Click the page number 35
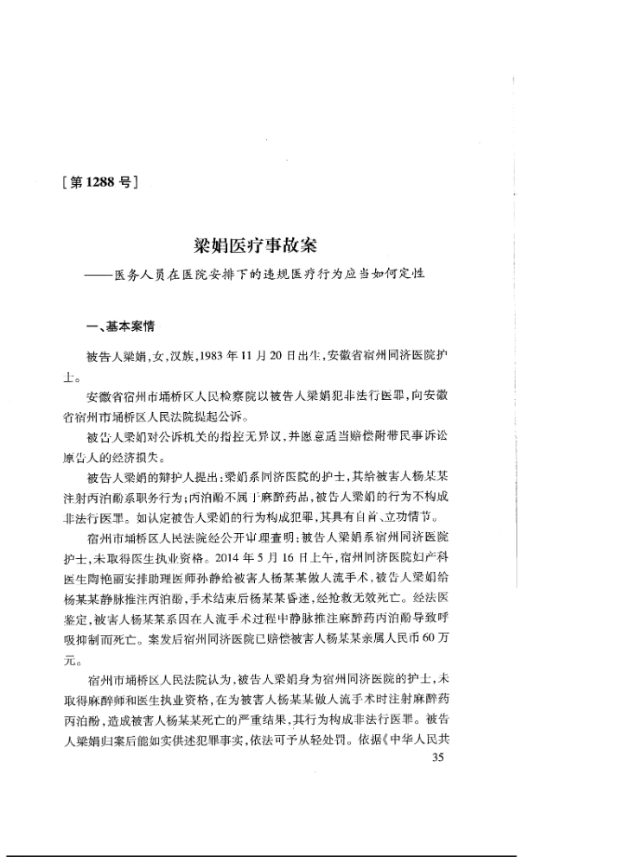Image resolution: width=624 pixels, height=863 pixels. click(x=436, y=758)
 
